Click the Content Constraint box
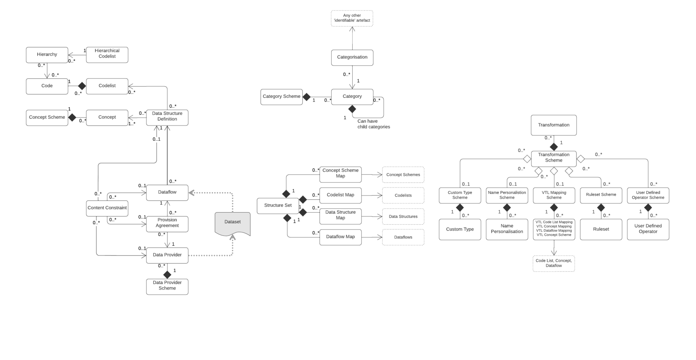coord(107,208)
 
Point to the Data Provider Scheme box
coord(167,287)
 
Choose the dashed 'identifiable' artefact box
coord(352,18)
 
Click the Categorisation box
coord(352,57)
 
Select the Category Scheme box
coord(281,97)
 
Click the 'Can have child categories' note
coord(373,124)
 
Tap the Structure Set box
coord(278,205)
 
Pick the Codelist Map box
coord(340,195)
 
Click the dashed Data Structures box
coord(403,217)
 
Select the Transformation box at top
coord(553,125)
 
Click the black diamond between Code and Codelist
coord(82,86)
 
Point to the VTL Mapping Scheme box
coord(554,195)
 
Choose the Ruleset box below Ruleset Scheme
coord(600,229)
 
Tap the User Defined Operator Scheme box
coord(648,195)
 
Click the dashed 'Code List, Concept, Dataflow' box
coord(553,263)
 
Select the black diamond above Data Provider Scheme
coord(167,275)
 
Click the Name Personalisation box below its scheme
coord(507,229)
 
